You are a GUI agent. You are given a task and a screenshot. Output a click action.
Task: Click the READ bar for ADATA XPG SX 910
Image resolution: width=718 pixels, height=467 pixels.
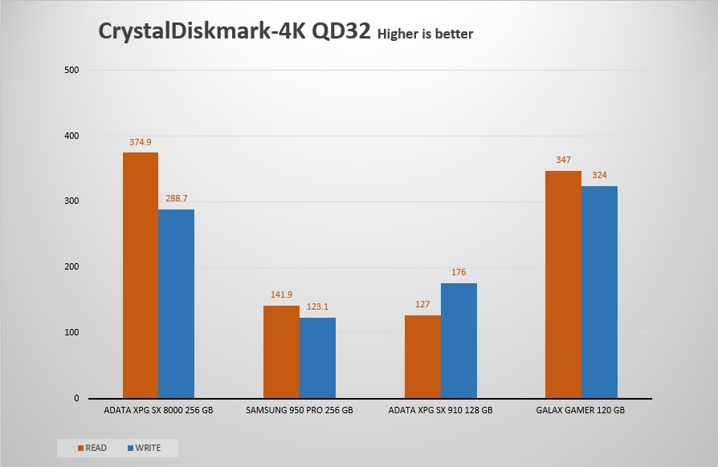(x=422, y=356)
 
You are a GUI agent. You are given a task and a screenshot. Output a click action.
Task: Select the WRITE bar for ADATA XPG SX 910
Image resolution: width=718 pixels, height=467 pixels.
(x=459, y=340)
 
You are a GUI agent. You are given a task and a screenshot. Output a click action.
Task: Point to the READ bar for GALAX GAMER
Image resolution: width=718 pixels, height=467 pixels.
(x=563, y=284)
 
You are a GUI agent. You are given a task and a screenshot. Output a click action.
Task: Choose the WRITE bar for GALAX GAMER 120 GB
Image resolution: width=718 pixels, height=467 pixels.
(x=599, y=292)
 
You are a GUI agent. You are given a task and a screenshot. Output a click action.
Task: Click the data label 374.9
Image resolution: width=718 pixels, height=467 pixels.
(x=141, y=142)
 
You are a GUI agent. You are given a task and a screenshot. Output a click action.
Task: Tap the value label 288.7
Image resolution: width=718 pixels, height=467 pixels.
(x=176, y=198)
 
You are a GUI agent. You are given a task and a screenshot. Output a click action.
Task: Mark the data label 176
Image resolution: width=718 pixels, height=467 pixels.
(x=459, y=272)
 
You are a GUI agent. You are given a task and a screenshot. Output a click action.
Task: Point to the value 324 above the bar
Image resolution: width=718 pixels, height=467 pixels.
(x=599, y=175)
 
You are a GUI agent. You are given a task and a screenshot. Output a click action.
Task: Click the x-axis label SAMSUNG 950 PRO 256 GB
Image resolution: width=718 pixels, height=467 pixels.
(x=300, y=410)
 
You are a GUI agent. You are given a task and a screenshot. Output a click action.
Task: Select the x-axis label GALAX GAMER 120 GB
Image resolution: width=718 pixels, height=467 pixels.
(x=581, y=410)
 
